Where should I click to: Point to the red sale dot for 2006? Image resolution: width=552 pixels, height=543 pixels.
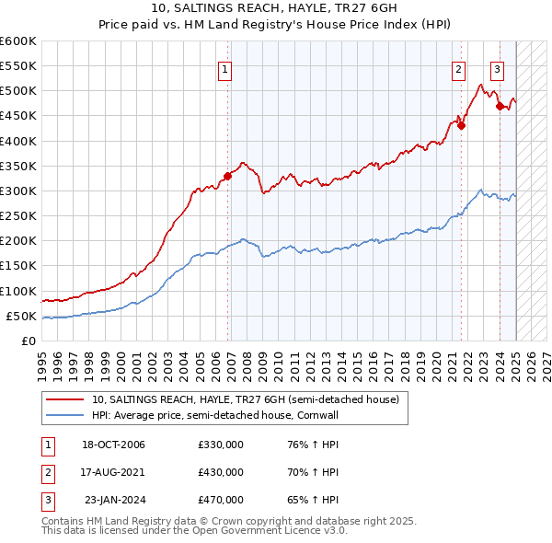pos(227,175)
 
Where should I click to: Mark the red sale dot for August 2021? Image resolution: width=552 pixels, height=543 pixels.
pos(462,126)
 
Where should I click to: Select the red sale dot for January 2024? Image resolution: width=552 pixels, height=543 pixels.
pos(500,106)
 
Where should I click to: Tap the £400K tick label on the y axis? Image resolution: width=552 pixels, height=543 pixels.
pos(17,141)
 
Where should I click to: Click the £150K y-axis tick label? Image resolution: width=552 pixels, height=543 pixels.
pos(17,266)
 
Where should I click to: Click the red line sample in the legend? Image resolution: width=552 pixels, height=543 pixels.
pos(66,400)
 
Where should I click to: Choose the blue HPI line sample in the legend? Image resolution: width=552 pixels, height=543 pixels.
pos(66,416)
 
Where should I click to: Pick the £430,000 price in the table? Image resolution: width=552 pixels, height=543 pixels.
pos(221,473)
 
